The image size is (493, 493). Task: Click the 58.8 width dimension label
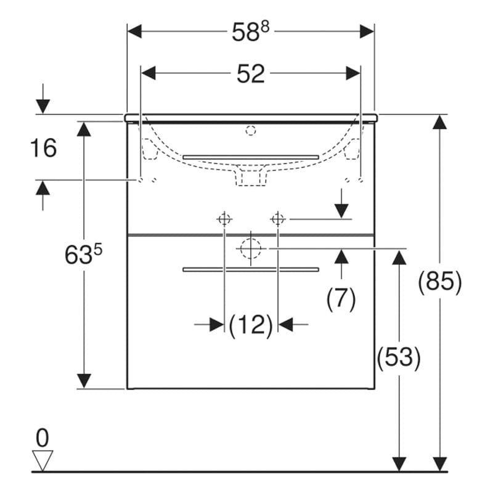pyautogui.click(x=250, y=32)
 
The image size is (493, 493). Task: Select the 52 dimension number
pyautogui.click(x=251, y=74)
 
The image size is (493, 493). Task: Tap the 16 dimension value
pyautogui.click(x=43, y=148)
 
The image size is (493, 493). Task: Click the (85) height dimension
pyautogui.click(x=439, y=282)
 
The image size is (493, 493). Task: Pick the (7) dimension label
pyautogui.click(x=341, y=299)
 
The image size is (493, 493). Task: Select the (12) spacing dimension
pyautogui.click(x=251, y=324)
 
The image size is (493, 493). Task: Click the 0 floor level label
pyautogui.click(x=42, y=438)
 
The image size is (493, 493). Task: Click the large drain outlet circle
pyautogui.click(x=251, y=248)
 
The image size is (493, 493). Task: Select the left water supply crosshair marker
pyautogui.click(x=224, y=218)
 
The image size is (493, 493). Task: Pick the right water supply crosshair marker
pyautogui.click(x=278, y=218)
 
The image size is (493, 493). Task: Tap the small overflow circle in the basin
pyautogui.click(x=250, y=130)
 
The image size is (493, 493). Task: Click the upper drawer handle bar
pyautogui.click(x=251, y=157)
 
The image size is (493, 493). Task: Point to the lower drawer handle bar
pyautogui.click(x=251, y=269)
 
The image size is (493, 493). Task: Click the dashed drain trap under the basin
pyautogui.click(x=251, y=177)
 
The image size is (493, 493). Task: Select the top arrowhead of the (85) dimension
pyautogui.click(x=439, y=122)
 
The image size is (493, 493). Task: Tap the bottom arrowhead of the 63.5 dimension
pyautogui.click(x=83, y=380)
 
